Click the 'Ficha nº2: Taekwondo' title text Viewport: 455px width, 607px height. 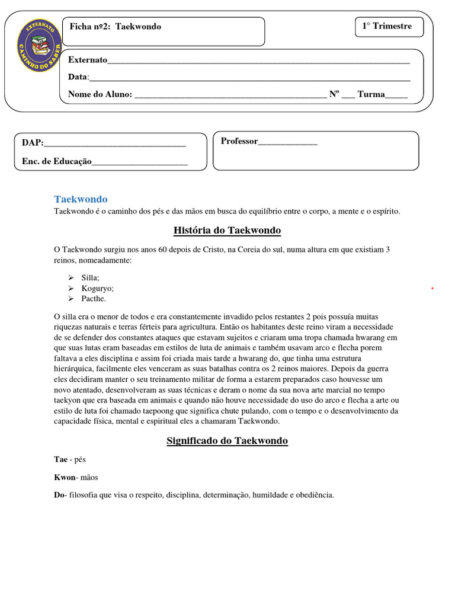pos(116,27)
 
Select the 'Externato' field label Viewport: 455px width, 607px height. pos(88,60)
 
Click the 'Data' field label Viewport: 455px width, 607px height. pos(78,77)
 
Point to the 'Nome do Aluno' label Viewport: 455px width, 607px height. pos(100,94)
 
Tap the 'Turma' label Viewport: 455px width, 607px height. pos(371,94)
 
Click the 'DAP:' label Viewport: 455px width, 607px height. pos(33,143)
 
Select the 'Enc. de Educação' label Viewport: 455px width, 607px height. pos(57,161)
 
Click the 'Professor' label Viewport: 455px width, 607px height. pos(239,141)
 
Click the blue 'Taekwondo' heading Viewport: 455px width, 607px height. pos(81,199)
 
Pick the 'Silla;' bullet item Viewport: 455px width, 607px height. pos(91,277)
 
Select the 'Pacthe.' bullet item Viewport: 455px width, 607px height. pos(94,299)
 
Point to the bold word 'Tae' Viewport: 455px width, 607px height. pos(60,459)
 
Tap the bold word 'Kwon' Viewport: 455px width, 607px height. pos(65,477)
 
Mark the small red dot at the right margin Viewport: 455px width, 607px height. pos(433,288)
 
